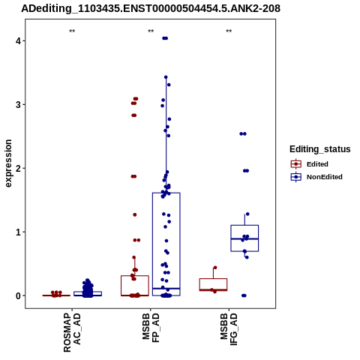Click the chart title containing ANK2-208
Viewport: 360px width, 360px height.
coord(151,9)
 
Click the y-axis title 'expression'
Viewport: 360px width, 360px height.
coord(8,163)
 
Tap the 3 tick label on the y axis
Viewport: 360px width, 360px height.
coord(18,104)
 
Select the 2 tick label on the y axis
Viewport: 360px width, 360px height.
coord(18,168)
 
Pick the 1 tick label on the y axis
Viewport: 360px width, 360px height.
coord(18,232)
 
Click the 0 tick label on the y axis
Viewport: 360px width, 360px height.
coord(18,295)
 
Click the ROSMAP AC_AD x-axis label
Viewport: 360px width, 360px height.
coord(72,332)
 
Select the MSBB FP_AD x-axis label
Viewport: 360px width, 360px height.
coord(151,328)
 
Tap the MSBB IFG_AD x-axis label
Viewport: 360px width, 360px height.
coord(229,329)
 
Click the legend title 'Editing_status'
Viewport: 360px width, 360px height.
coord(320,149)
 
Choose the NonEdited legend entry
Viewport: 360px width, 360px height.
coord(316,177)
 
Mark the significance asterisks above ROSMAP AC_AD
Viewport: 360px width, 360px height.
coord(72,31)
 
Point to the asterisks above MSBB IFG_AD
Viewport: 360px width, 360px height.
coord(229,31)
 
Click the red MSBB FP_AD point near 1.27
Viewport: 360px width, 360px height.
coord(135,214)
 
